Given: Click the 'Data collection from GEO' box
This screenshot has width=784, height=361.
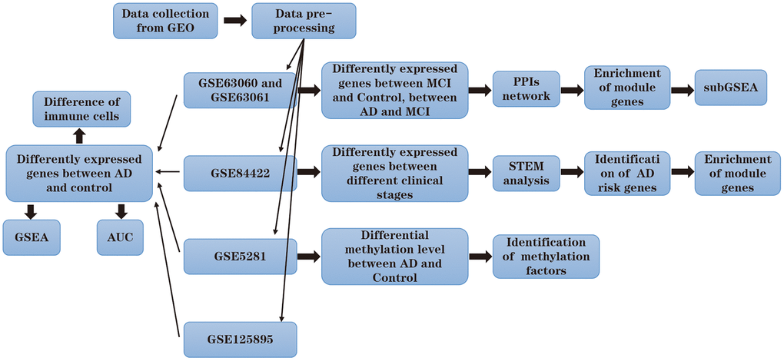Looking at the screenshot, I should pyautogui.click(x=165, y=21).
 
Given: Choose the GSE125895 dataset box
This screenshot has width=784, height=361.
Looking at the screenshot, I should pyautogui.click(x=241, y=337).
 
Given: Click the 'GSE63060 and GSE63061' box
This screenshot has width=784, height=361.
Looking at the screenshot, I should pyautogui.click(x=241, y=90).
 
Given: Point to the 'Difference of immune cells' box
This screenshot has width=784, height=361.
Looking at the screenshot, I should pyautogui.click(x=81, y=108).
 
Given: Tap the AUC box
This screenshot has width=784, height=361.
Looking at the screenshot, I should pyautogui.click(x=120, y=237).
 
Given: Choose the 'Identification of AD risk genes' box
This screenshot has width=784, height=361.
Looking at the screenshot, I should pyautogui.click(x=627, y=172).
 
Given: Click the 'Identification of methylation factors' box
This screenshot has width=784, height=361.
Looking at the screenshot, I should pyautogui.click(x=545, y=257).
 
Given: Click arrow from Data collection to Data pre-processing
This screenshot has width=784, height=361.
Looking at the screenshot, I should pyautogui.click(x=235, y=21).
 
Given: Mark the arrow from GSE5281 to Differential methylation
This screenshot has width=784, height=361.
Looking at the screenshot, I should pyautogui.click(x=307, y=256).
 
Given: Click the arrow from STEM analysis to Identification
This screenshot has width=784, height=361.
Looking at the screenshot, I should pyautogui.click(x=572, y=172).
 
